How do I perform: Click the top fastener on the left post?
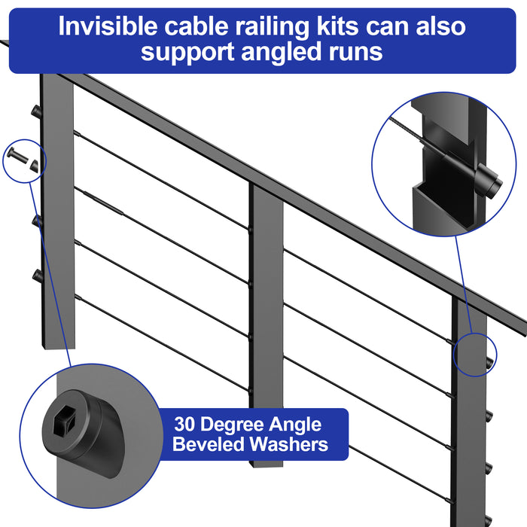point(35,112)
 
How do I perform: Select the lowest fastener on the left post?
point(35,276)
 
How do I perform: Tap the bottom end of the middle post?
point(267,461)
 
